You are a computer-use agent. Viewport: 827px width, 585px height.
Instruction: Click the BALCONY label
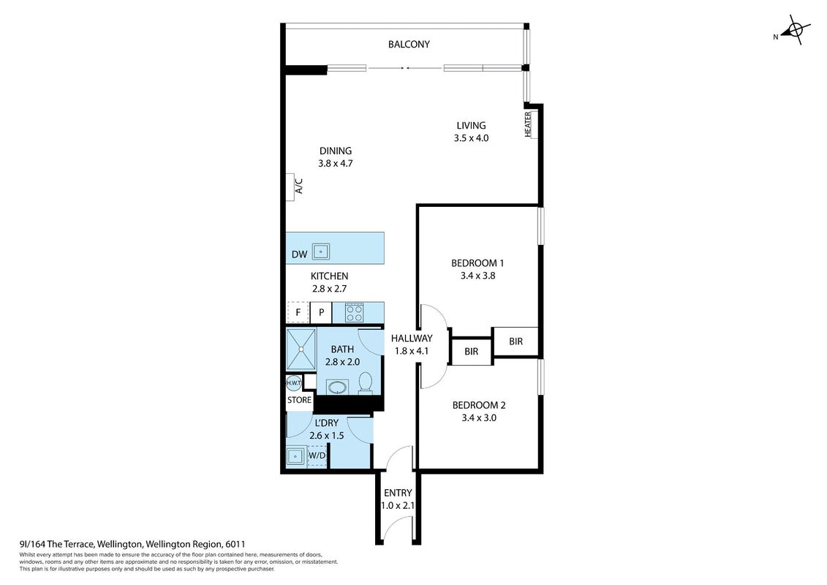pos(409,45)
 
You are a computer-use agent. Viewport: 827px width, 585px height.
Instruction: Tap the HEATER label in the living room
pos(528,124)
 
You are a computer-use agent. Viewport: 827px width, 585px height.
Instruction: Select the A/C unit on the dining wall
pos(290,186)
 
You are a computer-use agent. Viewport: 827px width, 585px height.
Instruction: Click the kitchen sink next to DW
pos(321,252)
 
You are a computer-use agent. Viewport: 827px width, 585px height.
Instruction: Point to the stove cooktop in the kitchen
pos(354,312)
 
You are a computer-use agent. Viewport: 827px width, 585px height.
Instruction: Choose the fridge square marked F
pos(298,312)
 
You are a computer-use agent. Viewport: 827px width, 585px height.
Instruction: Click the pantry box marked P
pos(321,312)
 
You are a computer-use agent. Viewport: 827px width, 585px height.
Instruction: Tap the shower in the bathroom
pos(301,349)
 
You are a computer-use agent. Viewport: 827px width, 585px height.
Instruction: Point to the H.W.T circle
pos(293,382)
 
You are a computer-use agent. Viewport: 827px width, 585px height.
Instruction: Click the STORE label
pos(299,400)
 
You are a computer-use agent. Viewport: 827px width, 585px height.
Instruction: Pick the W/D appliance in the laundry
pos(317,456)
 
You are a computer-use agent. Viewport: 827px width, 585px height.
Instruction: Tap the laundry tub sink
pos(295,456)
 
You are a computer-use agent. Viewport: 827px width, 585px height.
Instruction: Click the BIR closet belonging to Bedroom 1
pos(516,341)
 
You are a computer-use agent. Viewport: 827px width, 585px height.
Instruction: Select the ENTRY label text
pos(398,493)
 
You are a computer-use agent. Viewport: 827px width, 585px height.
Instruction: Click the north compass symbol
pos(794,30)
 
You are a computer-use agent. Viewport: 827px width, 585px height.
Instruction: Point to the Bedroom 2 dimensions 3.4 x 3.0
pos(479,418)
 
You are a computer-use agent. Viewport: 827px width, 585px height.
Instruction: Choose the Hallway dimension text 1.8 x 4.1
pos(412,351)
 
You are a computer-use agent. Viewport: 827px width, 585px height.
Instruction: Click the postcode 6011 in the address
pos(235,544)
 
